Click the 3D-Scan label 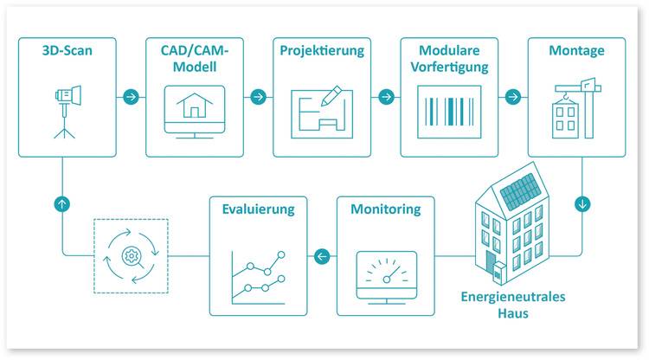[x=67, y=50]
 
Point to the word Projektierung [x=321, y=50]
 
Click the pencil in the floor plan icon [x=331, y=98]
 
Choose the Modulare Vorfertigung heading [x=447, y=58]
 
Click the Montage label [x=576, y=50]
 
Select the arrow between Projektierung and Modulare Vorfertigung [x=384, y=96]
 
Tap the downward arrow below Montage [x=582, y=204]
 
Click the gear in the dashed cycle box [x=131, y=255]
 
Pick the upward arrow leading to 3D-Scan [x=62, y=204]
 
